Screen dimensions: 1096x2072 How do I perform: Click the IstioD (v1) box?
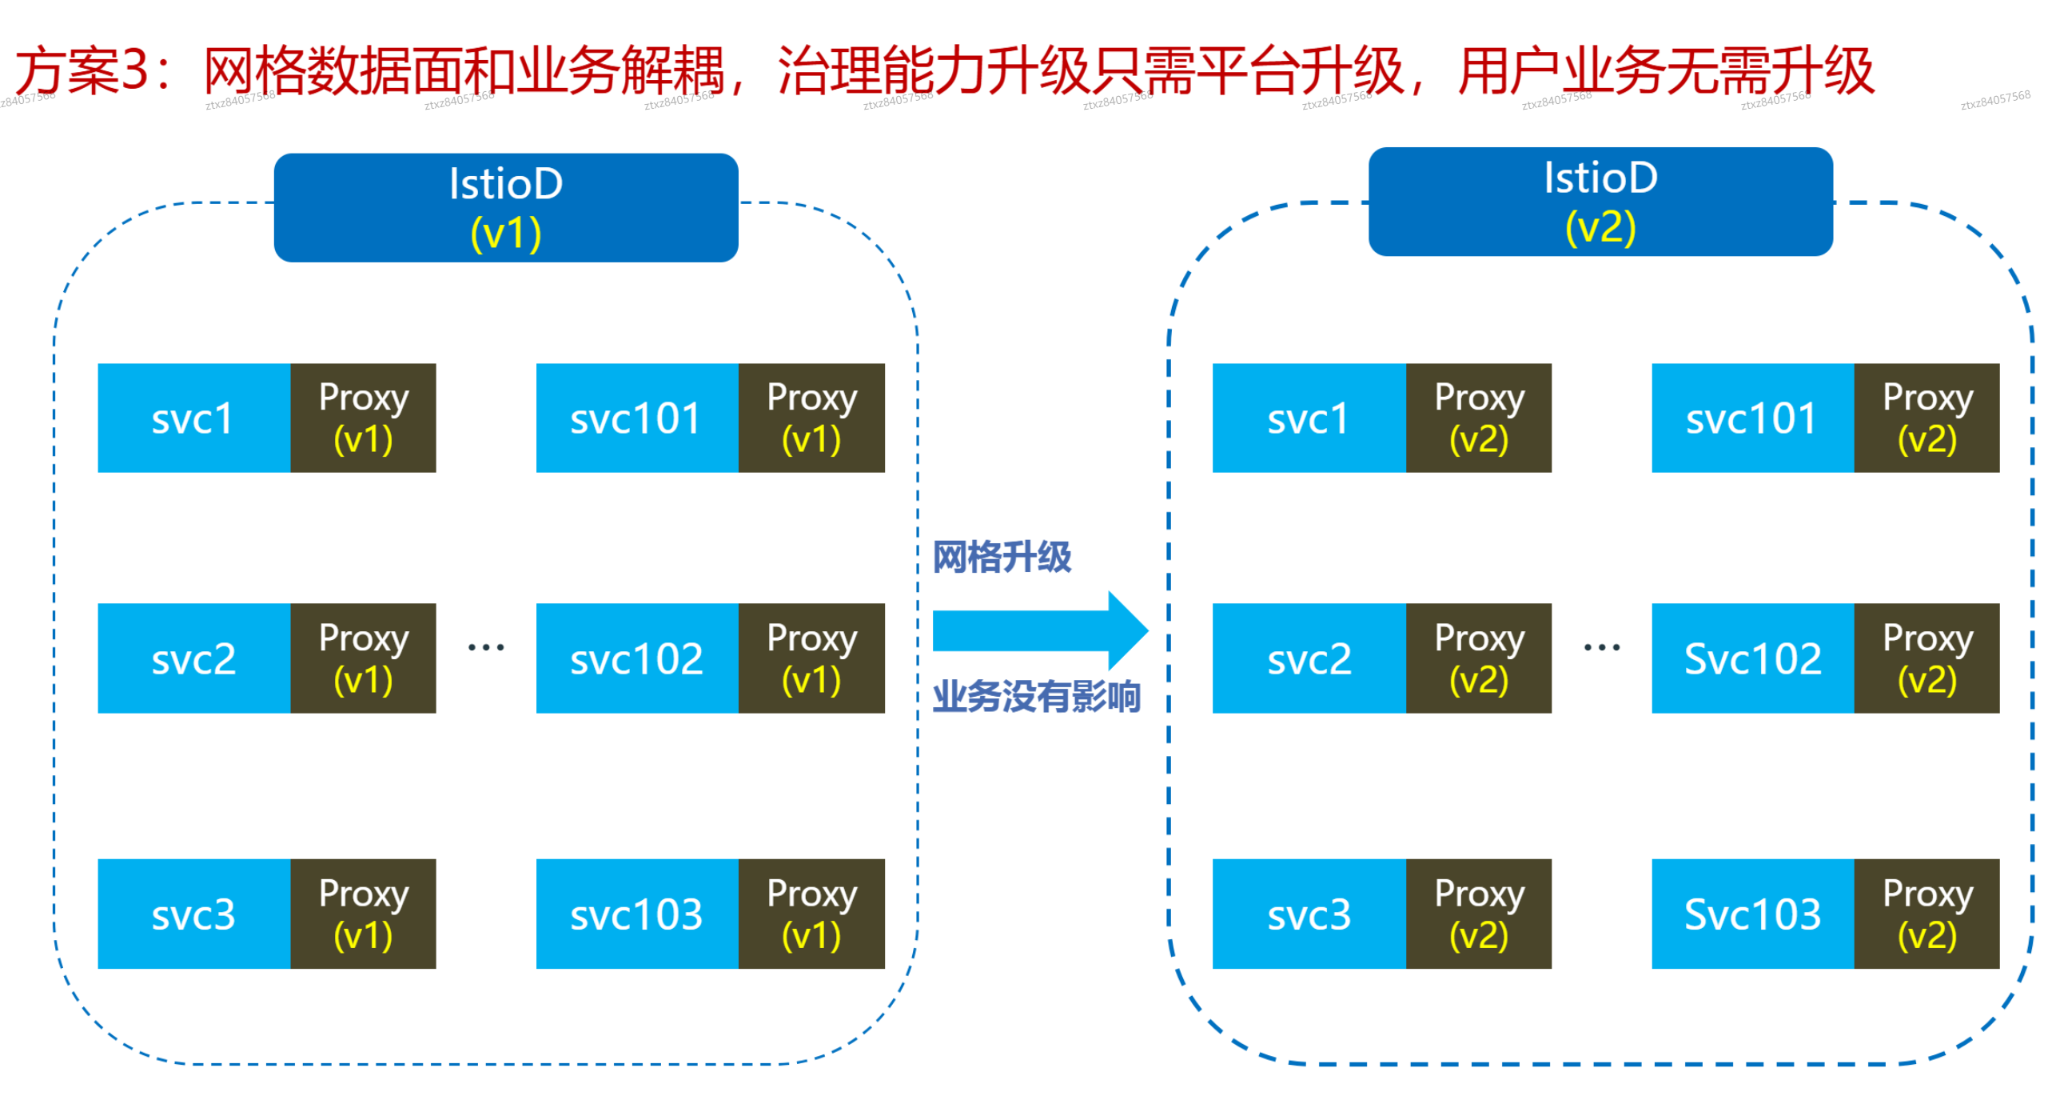505,208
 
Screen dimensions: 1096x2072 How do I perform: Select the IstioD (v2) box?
1600,201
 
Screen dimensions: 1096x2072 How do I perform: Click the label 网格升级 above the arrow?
1002,557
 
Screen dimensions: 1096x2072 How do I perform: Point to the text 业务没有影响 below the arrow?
1036,696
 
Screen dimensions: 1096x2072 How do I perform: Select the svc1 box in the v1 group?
193,418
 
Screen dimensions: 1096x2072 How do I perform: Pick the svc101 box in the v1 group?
636,418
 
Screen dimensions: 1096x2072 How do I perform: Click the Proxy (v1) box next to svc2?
363,658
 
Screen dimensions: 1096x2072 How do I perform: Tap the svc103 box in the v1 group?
636,914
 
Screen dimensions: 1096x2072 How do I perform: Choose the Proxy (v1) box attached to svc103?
811,914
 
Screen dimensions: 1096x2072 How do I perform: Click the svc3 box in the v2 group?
1309,914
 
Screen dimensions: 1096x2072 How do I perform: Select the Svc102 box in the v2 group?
1752,658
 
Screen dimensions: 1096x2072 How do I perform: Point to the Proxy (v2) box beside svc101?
1927,418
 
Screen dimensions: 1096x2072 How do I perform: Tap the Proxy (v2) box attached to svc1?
1478,418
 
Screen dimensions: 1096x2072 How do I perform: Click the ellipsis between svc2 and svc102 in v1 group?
486,646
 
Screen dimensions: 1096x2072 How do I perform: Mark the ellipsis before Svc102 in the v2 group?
1601,646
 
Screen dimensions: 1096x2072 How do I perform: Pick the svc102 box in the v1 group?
636,658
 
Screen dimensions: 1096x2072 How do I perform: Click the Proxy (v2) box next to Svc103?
1927,914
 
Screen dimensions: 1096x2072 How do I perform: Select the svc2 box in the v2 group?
1309,658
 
